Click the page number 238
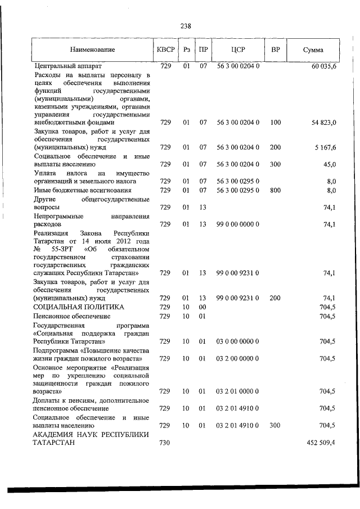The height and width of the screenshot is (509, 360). [186, 25]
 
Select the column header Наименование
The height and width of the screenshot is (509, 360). [93, 50]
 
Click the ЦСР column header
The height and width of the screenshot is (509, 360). [238, 50]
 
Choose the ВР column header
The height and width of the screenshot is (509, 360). [276, 50]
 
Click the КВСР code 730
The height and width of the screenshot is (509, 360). [165, 443]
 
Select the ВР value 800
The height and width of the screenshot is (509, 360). [275, 190]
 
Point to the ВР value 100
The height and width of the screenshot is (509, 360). [275, 122]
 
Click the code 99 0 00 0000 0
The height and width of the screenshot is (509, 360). [238, 224]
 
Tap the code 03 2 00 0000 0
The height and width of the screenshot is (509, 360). [238, 358]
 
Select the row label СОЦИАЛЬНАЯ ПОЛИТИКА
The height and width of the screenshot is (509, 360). [79, 307]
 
